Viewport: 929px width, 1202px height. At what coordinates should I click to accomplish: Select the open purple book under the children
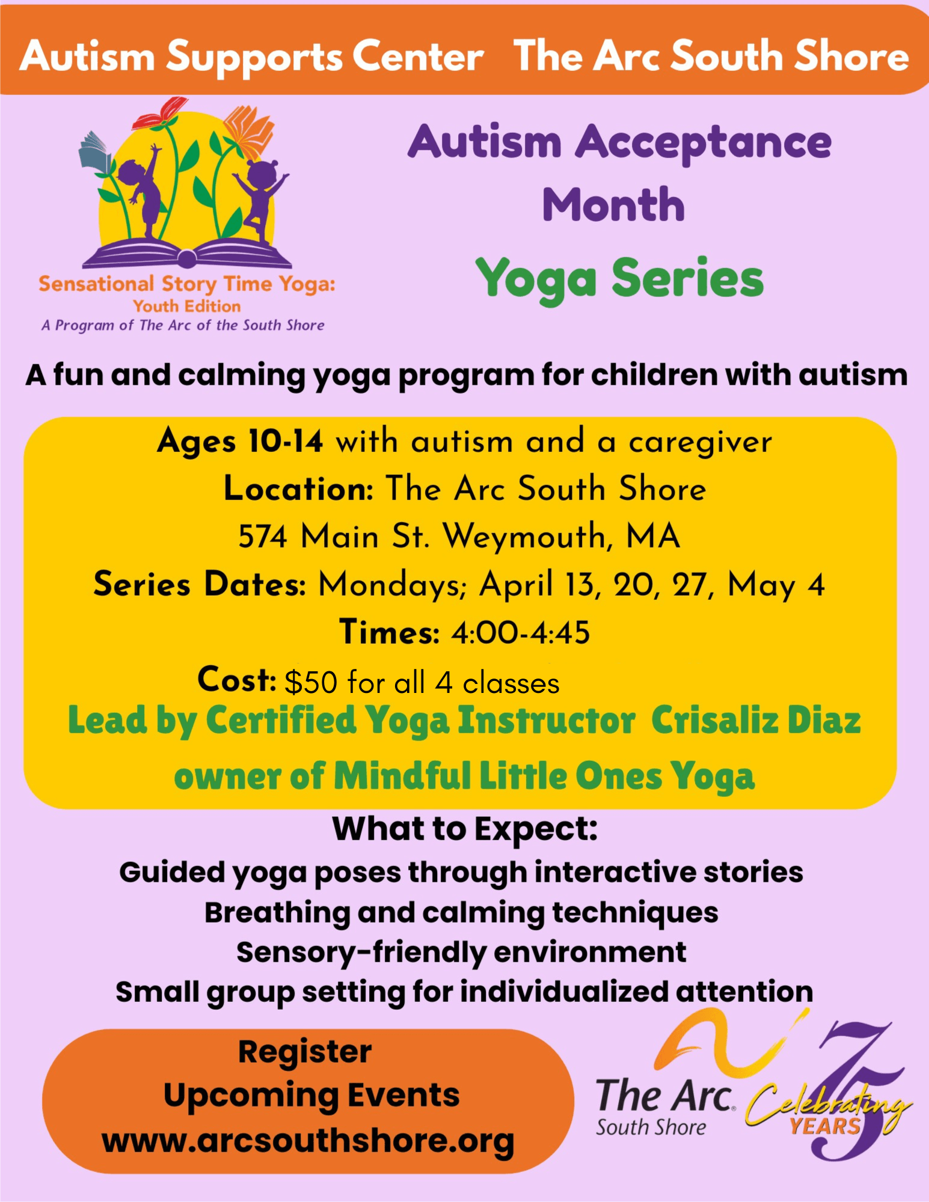tap(187, 253)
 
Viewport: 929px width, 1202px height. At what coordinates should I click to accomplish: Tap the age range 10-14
tap(286, 441)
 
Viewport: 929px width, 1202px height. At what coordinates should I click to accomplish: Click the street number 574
tap(263, 536)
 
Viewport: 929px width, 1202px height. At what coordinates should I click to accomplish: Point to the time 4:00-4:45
tap(521, 633)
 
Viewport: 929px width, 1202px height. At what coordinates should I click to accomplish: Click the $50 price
tap(311, 683)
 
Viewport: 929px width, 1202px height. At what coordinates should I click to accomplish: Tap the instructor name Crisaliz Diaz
tap(756, 719)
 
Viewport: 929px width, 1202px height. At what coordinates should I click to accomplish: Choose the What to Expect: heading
tap(465, 829)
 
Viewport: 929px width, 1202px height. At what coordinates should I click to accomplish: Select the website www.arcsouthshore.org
tap(308, 1141)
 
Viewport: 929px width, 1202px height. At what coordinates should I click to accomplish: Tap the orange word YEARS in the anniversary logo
tap(825, 1126)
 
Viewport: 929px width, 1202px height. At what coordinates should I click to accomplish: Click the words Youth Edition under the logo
tap(187, 307)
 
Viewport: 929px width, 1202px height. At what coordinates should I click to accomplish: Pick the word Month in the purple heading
tap(613, 205)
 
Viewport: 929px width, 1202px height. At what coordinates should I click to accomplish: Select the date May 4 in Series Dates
tap(776, 585)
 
